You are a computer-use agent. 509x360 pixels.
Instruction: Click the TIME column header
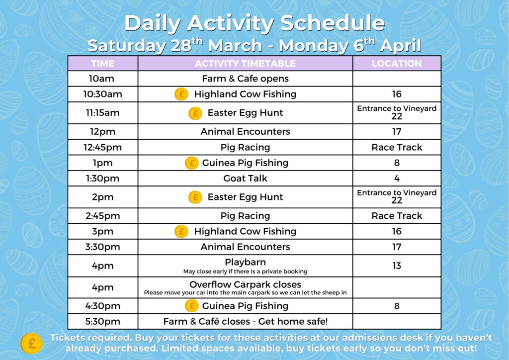103,63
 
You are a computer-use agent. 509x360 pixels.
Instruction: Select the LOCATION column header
397,63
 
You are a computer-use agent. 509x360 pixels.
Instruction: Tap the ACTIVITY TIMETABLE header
245,63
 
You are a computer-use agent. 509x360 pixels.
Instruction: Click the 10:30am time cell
103,94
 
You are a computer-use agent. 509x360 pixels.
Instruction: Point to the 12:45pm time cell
103,147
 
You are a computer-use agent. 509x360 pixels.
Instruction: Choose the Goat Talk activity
245,178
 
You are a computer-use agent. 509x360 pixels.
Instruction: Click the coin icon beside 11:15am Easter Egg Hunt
195,113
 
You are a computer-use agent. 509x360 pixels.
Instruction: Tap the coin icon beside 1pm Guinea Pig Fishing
191,163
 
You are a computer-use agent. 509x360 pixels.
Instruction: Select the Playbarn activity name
245,262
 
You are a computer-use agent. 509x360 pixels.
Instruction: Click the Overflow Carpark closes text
245,284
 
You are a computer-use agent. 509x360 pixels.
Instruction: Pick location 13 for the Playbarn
397,266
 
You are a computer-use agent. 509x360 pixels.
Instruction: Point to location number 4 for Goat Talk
397,178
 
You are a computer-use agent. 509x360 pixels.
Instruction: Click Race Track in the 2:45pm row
397,216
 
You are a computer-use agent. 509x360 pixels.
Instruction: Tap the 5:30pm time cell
103,321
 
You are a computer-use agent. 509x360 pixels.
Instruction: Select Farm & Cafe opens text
245,79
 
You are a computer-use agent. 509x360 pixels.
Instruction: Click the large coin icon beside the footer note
31,343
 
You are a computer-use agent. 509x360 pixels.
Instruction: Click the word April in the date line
400,46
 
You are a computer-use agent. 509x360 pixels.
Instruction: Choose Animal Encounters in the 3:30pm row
245,247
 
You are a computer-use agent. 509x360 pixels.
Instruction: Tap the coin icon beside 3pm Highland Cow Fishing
181,231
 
